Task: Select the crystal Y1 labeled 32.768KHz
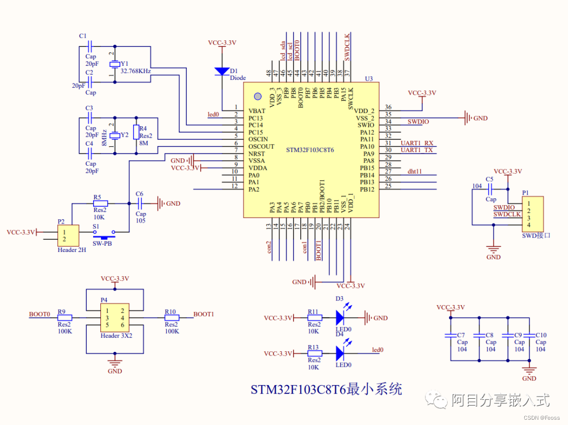tap(114, 64)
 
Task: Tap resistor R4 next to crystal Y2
tap(136, 131)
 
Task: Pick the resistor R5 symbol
tap(100, 203)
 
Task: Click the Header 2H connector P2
tap(68, 236)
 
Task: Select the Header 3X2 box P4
tap(115, 318)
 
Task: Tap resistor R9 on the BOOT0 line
tap(64, 318)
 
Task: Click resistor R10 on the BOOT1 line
tap(172, 318)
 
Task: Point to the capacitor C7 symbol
tap(450, 335)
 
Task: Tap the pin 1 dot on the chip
tap(257, 96)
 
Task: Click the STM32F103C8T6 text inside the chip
tap(310, 150)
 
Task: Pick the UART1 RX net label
tap(417, 143)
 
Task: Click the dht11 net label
tap(414, 171)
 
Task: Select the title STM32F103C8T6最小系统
tap(326, 390)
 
